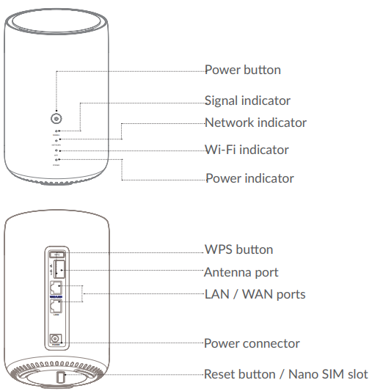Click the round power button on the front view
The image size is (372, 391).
pos(56,117)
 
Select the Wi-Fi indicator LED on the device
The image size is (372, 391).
pos(56,150)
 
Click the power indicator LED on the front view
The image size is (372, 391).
pos(56,159)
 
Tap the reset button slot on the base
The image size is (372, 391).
pos(61,379)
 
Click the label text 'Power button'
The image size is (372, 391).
pos(242,70)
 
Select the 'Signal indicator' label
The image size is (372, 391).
pos(247,101)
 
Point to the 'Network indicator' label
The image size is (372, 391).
pos(255,123)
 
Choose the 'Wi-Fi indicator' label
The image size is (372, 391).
pos(246,150)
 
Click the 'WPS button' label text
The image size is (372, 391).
pos(238,249)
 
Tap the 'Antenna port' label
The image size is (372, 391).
pos(241,272)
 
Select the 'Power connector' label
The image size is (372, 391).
pos(251,343)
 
